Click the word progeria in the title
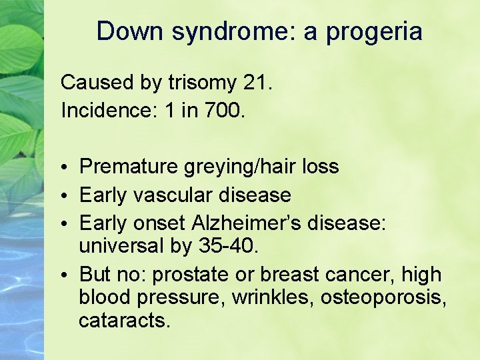[x=374, y=31]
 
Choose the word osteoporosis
[x=382, y=297]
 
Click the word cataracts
[x=125, y=321]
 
